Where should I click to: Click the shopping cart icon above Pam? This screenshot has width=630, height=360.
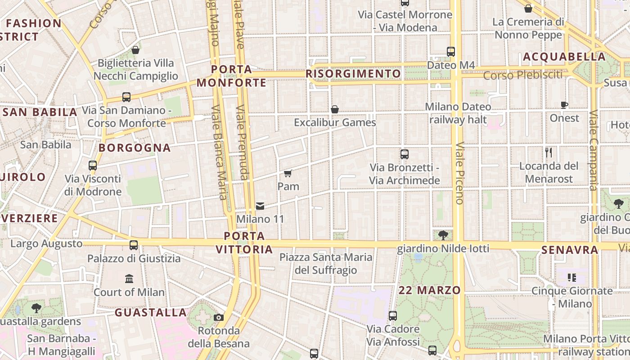[288, 173]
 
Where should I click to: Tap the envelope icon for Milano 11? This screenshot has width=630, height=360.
[260, 206]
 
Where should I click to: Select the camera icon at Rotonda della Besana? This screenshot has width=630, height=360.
[219, 318]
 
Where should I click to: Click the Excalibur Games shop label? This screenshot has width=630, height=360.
[335, 122]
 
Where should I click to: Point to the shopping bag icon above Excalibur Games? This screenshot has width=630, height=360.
[335, 109]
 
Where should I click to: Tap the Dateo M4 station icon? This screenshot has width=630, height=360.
[451, 52]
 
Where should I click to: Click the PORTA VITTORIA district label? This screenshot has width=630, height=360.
[244, 243]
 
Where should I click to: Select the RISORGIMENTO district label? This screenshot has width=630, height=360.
[353, 74]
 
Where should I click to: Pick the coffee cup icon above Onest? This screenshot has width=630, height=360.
[564, 105]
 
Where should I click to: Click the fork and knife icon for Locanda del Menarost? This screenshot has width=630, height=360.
[549, 153]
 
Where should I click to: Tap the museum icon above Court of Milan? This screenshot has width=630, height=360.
[130, 279]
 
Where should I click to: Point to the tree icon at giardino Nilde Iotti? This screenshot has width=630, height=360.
[443, 235]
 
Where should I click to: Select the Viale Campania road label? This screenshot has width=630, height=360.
[594, 150]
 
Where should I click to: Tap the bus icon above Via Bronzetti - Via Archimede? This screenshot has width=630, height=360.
[405, 154]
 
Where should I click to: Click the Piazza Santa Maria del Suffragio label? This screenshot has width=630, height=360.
[326, 264]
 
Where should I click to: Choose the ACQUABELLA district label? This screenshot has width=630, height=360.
[564, 57]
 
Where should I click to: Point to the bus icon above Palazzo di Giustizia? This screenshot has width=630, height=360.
[134, 245]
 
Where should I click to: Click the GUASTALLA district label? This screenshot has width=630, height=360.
[150, 312]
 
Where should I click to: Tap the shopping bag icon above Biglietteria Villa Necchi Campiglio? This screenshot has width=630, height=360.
[135, 50]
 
